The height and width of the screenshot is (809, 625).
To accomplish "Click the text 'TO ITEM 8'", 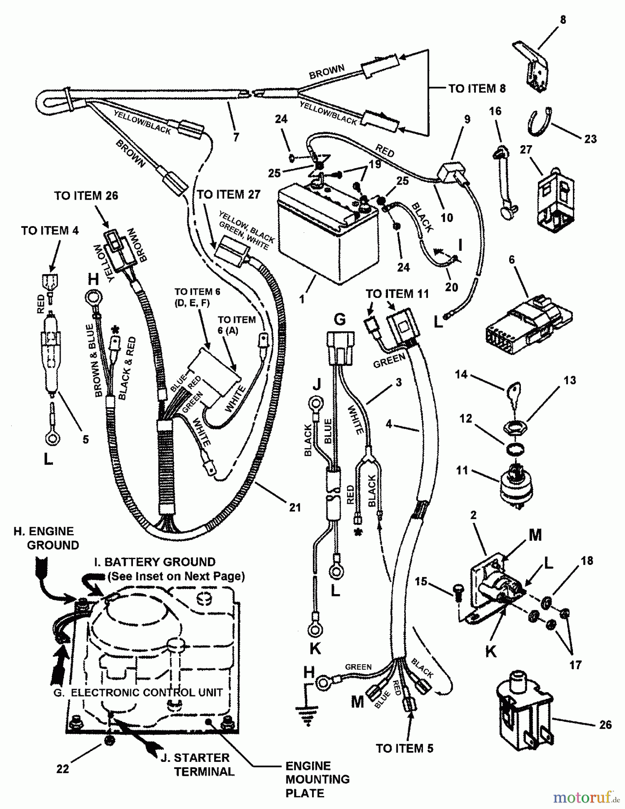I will click(x=477, y=89).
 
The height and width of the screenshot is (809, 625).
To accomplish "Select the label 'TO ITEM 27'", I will click(x=229, y=195).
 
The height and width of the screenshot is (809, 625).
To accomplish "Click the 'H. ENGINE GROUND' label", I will click(x=47, y=538).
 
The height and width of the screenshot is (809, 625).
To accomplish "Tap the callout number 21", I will click(x=295, y=507).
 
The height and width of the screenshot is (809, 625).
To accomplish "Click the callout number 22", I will click(x=62, y=769).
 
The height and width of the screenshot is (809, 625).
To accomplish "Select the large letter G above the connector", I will click(x=340, y=320).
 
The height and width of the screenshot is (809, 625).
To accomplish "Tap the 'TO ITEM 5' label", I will click(x=405, y=748).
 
